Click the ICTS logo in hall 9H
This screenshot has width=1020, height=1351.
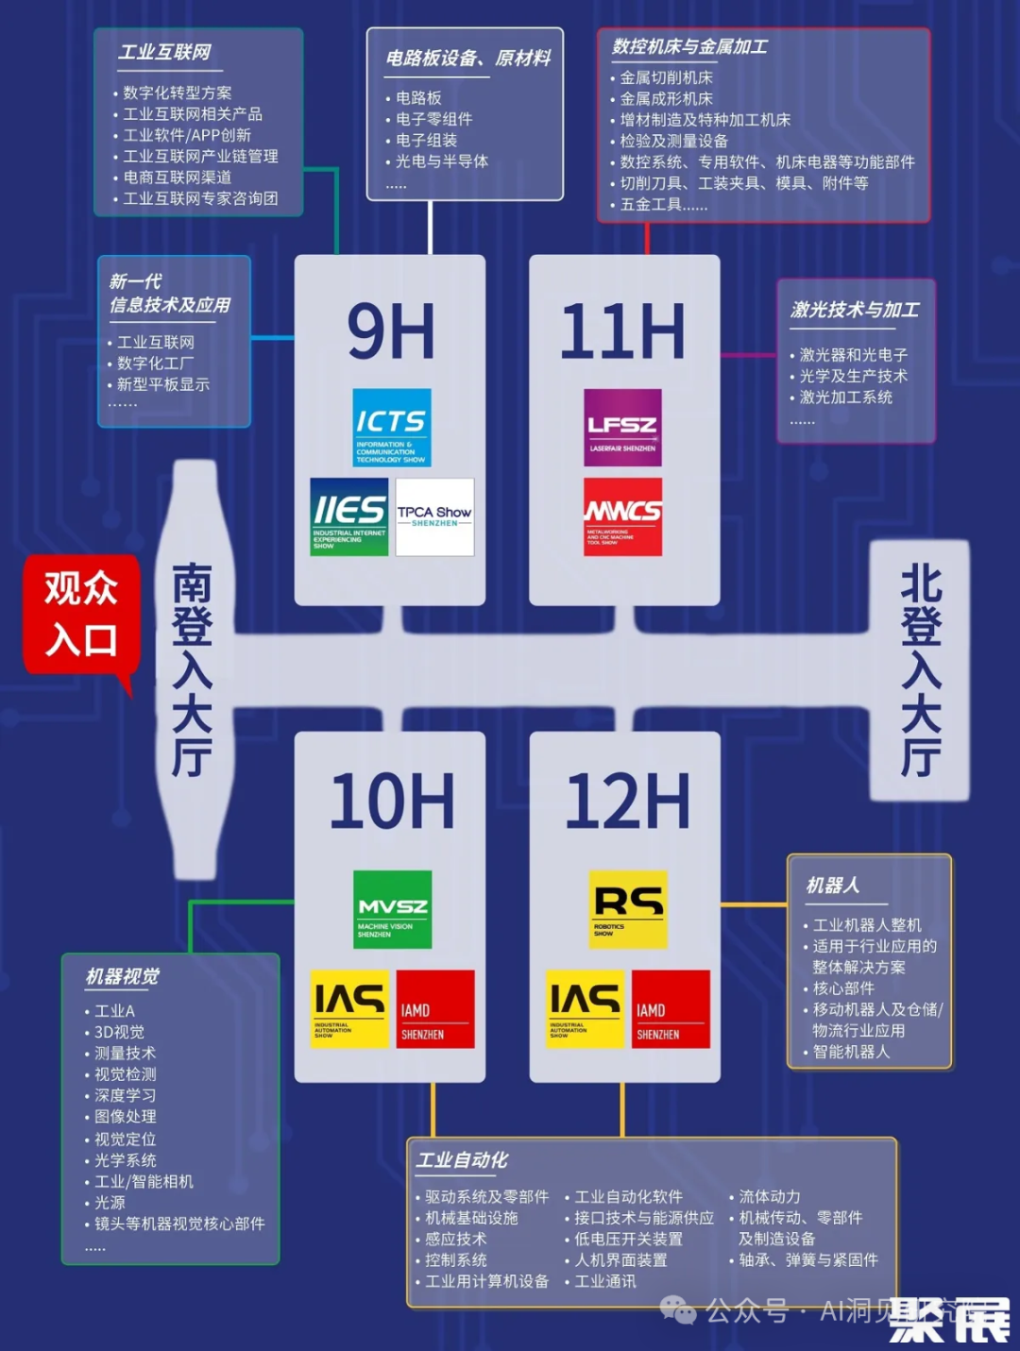point(392,427)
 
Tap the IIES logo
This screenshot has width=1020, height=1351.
point(348,516)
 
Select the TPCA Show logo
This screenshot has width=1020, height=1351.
point(434,516)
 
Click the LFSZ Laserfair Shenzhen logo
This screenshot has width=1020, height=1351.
point(622,427)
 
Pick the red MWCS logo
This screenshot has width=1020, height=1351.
point(622,516)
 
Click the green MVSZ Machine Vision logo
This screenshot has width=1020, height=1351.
point(392,909)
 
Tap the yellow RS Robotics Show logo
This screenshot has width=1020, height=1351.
point(628,909)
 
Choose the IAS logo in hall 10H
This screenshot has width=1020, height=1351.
point(349,1008)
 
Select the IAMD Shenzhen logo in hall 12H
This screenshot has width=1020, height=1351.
point(671,1008)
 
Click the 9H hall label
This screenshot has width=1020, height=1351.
point(391,332)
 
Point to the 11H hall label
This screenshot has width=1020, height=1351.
point(622,332)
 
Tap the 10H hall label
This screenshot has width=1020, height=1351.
point(392,802)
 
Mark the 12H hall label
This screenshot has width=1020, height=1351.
point(627,802)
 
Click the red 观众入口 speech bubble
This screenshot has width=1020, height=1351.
point(81,614)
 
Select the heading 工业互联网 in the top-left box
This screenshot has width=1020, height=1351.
point(164,52)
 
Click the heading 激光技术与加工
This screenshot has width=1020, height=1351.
point(855,310)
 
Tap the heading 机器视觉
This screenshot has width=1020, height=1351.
point(123,976)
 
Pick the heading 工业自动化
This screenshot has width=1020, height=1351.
point(462,1159)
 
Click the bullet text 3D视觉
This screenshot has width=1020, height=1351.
point(119,1032)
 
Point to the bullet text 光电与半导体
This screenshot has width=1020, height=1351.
point(441,161)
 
